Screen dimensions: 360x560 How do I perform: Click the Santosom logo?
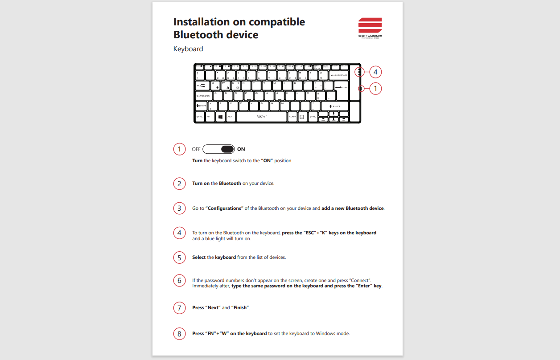(x=370, y=28)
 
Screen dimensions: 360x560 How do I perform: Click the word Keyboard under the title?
(x=188, y=49)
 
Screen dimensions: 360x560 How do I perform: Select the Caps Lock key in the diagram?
(x=203, y=96)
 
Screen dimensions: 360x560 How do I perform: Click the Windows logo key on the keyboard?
(x=220, y=117)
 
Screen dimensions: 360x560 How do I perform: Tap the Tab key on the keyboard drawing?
(x=202, y=85)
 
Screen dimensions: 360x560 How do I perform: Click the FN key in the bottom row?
(x=209, y=117)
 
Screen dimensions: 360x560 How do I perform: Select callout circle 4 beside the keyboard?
(x=376, y=72)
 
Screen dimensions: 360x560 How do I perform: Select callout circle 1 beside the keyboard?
(x=376, y=89)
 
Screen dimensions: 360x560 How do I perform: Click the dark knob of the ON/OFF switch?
(x=227, y=149)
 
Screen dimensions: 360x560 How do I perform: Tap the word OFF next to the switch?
(x=196, y=149)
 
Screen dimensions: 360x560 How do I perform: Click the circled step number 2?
(x=179, y=184)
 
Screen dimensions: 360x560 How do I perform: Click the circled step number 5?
(x=179, y=258)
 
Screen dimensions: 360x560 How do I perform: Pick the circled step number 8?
(x=179, y=334)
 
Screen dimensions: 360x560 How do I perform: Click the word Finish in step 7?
(x=240, y=308)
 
